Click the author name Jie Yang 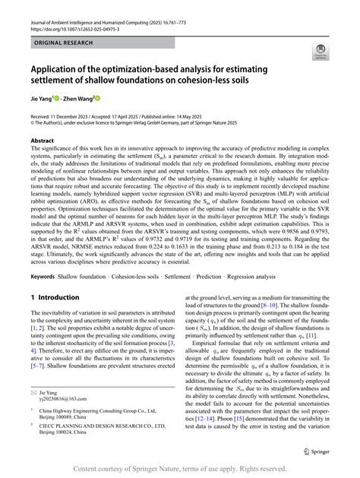(x=43, y=98)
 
